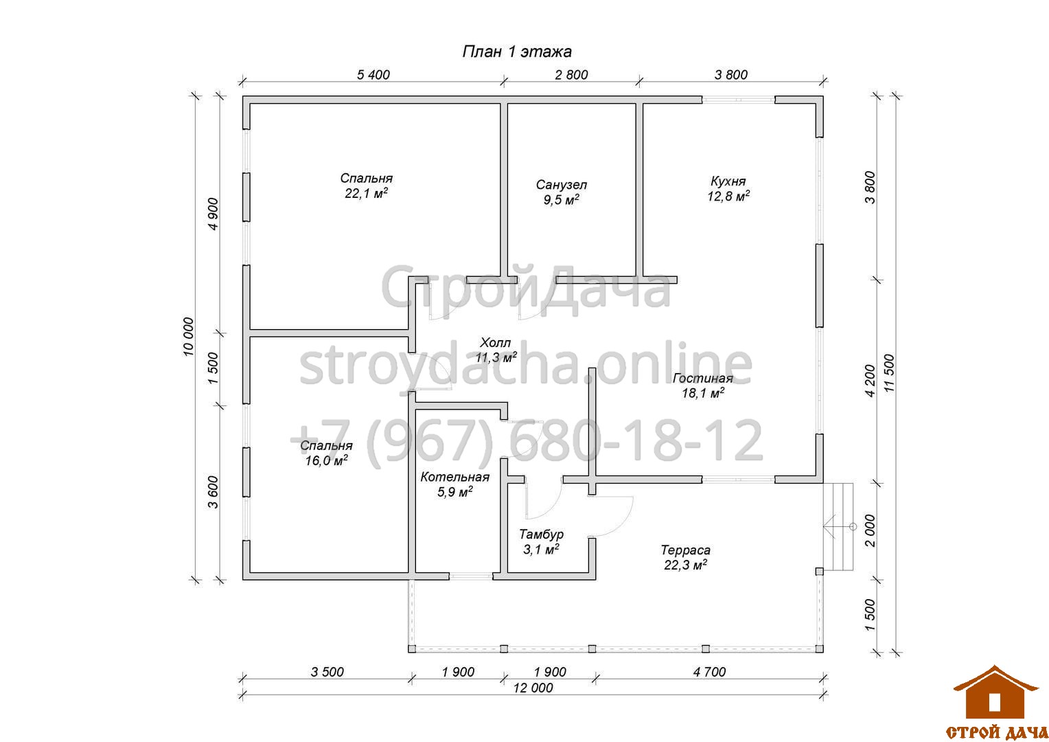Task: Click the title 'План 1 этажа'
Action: pos(517,52)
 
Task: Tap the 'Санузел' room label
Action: pos(561,185)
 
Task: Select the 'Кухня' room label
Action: pos(728,181)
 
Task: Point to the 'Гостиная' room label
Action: pos(702,379)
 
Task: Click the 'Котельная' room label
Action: pos(454,477)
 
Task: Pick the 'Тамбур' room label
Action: pos(541,535)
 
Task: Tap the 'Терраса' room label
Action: pos(685,550)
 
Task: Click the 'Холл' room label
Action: pos(495,343)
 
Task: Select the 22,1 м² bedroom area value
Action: pos(366,193)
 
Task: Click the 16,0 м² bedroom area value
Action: pos(326,460)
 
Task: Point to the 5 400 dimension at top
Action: pos(373,74)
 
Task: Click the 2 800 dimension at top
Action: pos(571,74)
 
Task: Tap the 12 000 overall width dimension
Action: pos(533,688)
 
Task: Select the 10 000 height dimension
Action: pos(188,337)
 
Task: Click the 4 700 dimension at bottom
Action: pos(709,672)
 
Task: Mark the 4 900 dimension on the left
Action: pos(213,214)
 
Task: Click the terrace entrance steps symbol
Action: pos(838,526)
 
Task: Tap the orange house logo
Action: pos(995,692)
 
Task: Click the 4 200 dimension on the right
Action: pos(870,381)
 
